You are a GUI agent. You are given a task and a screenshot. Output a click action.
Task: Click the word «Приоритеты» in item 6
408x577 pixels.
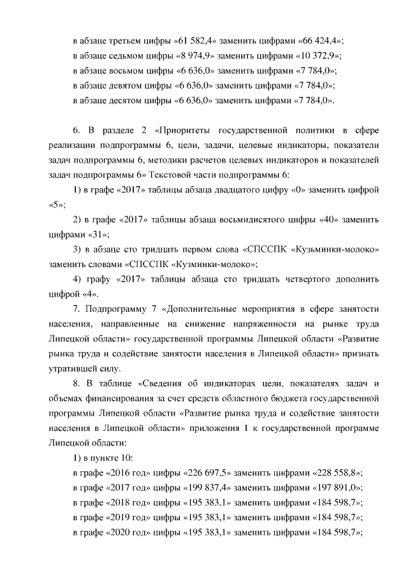click(189, 131)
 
